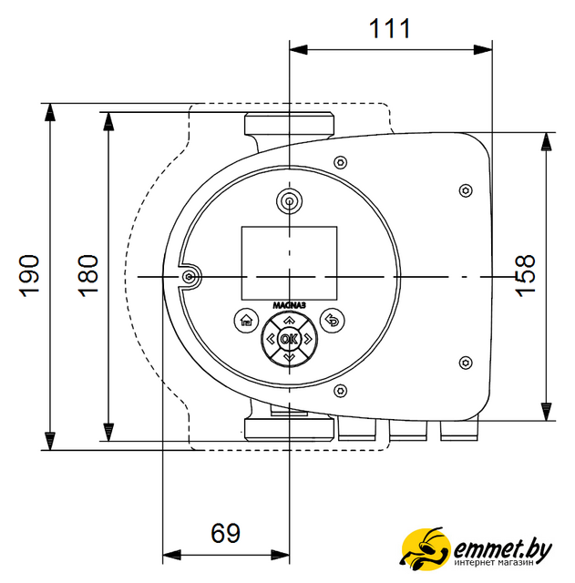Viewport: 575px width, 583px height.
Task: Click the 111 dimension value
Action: [x=389, y=28]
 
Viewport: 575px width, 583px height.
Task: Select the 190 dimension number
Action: [x=29, y=276]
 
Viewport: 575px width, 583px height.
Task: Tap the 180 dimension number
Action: [x=88, y=276]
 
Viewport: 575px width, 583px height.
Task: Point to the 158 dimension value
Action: [x=525, y=276]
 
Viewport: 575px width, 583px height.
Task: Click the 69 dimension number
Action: [x=225, y=533]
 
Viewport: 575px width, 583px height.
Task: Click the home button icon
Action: [x=247, y=320]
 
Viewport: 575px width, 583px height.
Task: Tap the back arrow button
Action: [x=332, y=320]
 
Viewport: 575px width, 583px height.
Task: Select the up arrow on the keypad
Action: [x=289, y=320]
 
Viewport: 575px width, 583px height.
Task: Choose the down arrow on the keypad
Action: [x=289, y=358]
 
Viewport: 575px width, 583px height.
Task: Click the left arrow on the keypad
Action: [x=271, y=339]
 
